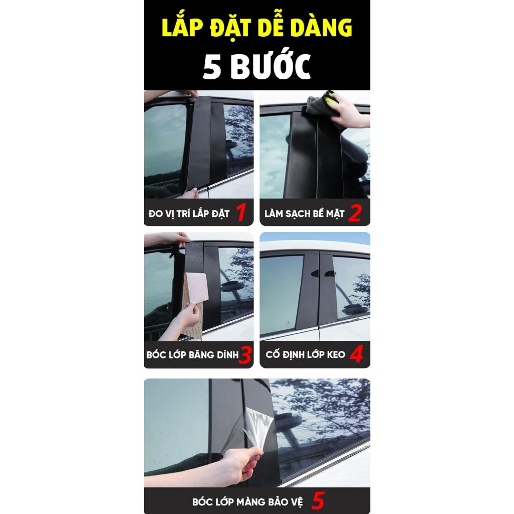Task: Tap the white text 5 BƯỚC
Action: pos(256,66)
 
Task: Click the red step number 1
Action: pos(241,212)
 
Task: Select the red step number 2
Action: pos(355,213)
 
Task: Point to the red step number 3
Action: pos(245,355)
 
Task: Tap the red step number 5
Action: pos(318,500)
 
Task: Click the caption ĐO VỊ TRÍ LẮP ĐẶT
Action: pos(189,214)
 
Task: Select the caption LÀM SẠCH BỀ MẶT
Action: pos(305,214)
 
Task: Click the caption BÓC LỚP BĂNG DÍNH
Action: pos(192,355)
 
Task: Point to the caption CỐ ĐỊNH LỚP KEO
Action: pos(306,354)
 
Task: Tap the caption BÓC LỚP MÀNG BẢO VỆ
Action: pos(247,501)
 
